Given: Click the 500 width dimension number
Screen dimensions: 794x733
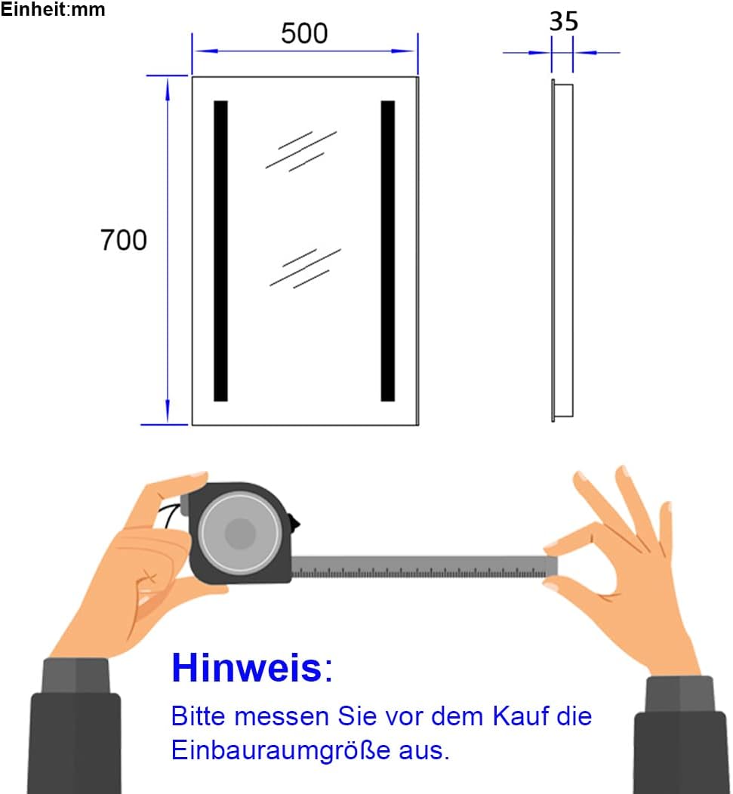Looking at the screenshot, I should [x=304, y=33].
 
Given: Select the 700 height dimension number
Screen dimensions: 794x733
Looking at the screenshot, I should [x=124, y=240].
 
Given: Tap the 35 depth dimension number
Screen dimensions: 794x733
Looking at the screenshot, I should [x=563, y=21].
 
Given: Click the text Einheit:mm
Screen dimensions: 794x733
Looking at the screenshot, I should [x=53, y=10].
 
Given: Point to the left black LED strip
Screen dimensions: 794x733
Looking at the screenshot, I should [x=220, y=251].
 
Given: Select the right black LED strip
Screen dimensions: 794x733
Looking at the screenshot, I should [x=388, y=251].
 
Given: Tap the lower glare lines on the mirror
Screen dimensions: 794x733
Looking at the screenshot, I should [x=305, y=268].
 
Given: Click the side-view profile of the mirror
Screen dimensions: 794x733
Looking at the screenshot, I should [x=562, y=251].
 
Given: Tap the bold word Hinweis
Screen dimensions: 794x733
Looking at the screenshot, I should [x=246, y=668].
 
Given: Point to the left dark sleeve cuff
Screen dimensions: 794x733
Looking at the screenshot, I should [x=75, y=676].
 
